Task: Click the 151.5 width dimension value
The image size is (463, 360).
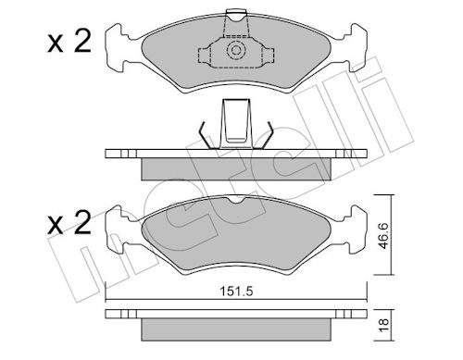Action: [x=236, y=292]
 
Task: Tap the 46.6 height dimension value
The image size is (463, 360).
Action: [x=384, y=235]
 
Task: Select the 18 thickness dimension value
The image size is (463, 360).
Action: [x=383, y=326]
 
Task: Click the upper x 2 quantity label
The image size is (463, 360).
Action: [x=69, y=43]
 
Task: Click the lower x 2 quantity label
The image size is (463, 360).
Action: [x=69, y=223]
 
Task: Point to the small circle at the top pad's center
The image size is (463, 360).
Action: [x=236, y=50]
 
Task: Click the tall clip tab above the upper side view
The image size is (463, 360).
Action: [x=236, y=123]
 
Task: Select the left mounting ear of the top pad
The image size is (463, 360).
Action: [x=119, y=48]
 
